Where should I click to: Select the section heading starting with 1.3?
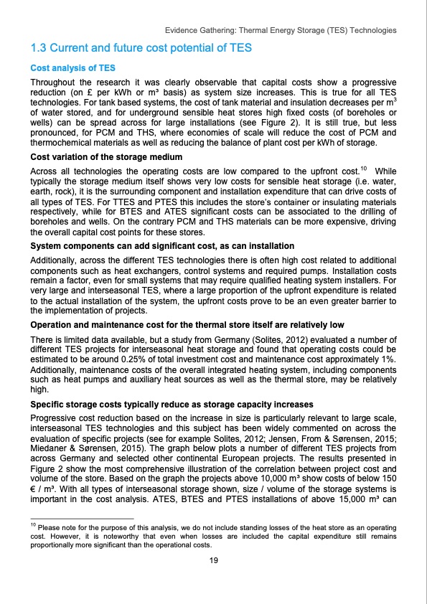click(x=139, y=49)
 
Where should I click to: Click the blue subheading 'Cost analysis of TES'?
click(x=71, y=69)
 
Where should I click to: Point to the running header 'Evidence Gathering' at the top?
click(x=281, y=32)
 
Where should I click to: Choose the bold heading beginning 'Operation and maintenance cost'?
click(x=186, y=325)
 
